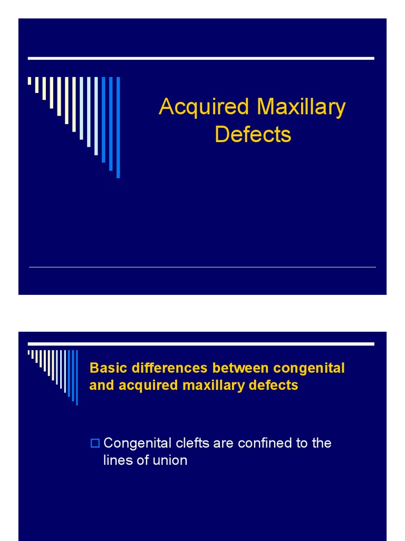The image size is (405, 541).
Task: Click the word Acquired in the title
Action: [203, 107]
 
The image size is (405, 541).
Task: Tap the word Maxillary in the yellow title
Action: [301, 107]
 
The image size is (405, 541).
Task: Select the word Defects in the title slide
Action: [253, 134]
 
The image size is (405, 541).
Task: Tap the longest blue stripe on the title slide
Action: [118, 127]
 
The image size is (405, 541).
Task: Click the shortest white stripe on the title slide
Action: [30, 81]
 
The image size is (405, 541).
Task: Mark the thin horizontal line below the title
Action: [202, 267]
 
